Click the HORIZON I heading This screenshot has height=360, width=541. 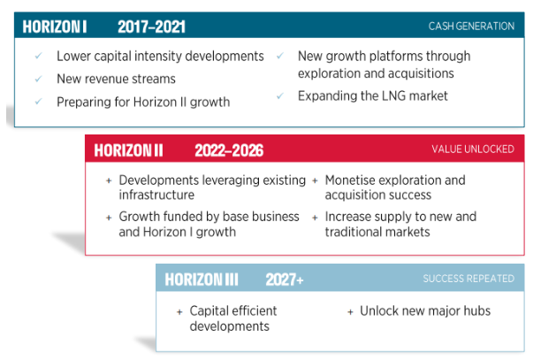[x=55, y=27]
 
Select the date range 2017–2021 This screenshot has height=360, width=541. [x=151, y=27]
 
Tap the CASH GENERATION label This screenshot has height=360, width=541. [x=471, y=27]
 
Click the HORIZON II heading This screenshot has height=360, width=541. [x=128, y=150]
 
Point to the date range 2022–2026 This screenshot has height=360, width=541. [x=229, y=150]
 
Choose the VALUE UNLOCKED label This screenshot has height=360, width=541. [x=473, y=149]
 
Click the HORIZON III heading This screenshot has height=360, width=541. [x=202, y=280]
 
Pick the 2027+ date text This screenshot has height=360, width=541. [x=285, y=280]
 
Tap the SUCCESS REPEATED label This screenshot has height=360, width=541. [x=469, y=279]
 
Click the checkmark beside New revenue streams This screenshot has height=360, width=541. [x=38, y=79]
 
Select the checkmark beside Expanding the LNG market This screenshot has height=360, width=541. [x=280, y=96]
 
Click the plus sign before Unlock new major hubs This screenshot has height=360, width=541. [x=350, y=312]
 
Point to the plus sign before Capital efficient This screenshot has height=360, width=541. [x=179, y=312]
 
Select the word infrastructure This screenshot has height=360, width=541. [x=156, y=195]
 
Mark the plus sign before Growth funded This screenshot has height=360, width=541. [x=109, y=218]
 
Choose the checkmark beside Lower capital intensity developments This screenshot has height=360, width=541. [x=38, y=56]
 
